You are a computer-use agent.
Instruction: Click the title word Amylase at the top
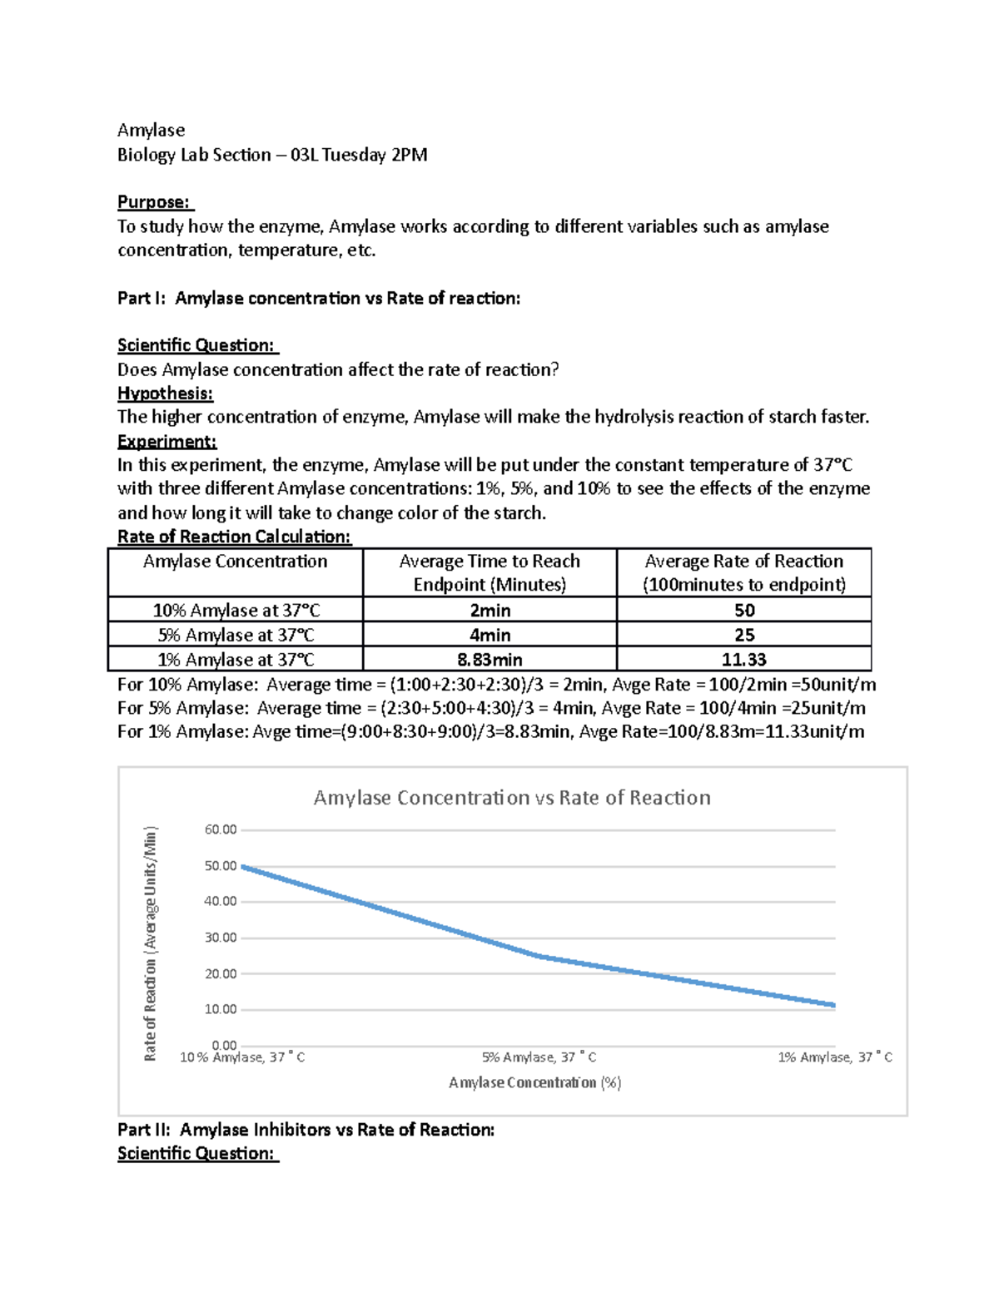151,130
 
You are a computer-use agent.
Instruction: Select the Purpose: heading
154,202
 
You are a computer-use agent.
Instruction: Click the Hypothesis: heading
165,393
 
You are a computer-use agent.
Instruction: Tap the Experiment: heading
166,441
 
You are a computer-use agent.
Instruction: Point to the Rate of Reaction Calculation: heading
234,537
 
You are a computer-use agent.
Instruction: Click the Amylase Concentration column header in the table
235,562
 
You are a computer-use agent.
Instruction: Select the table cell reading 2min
490,610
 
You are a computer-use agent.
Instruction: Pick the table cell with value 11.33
743,660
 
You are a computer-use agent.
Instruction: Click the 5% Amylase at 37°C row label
236,635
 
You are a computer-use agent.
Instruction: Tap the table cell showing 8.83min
490,660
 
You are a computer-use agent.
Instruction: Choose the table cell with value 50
743,610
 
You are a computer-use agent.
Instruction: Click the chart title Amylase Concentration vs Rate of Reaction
511,798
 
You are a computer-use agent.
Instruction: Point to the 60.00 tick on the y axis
221,829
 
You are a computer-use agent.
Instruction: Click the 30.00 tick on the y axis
221,938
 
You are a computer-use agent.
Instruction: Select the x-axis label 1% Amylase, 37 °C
834,1057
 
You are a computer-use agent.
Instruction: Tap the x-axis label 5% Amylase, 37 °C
539,1057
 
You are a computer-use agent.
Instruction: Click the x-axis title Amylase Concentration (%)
534,1082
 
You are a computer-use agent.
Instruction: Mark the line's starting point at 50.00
243,866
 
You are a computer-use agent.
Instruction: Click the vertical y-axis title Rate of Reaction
151,943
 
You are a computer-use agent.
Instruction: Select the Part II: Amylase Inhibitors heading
306,1130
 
